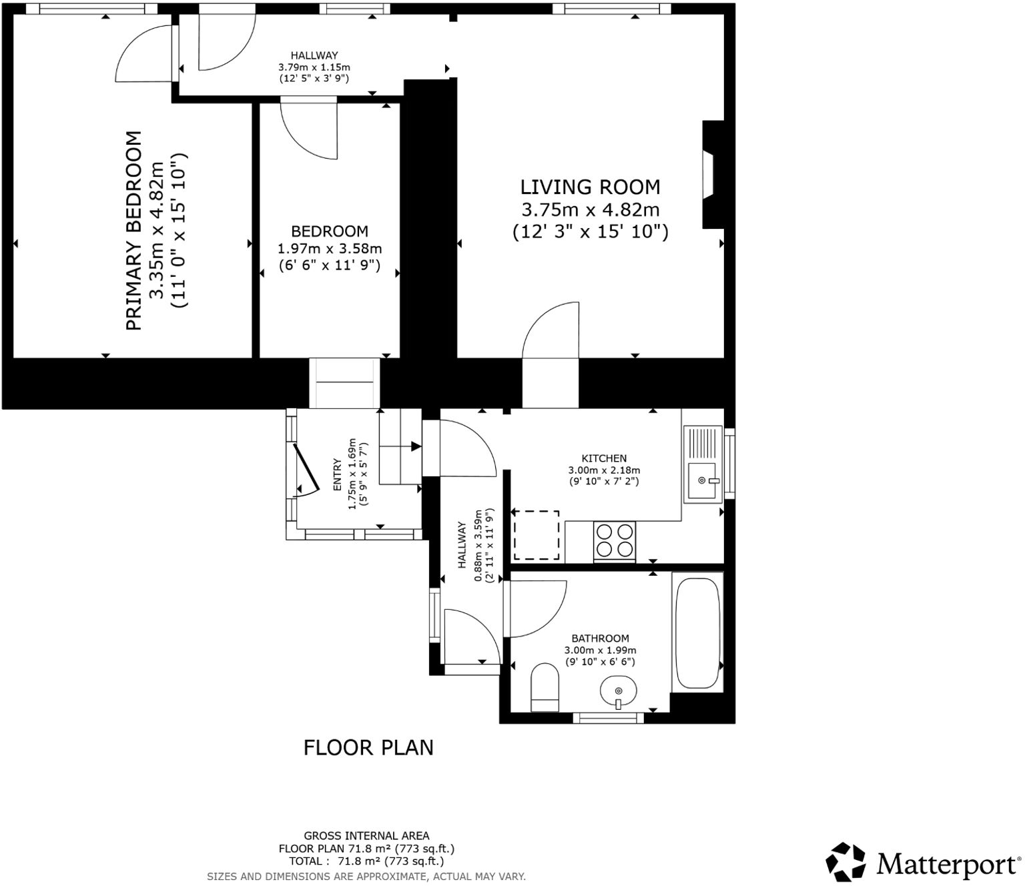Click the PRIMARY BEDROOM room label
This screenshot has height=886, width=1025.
[133, 230]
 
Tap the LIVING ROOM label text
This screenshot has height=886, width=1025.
[590, 187]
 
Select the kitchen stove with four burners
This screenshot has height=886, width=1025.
[615, 540]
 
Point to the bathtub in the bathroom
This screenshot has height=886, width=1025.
[697, 632]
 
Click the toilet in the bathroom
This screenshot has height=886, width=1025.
[545, 687]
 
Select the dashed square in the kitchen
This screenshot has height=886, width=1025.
[536, 535]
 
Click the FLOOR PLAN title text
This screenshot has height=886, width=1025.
[368, 747]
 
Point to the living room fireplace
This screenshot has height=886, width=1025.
[709, 175]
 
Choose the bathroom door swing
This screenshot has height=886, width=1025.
[537, 608]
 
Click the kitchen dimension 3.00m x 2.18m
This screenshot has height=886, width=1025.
[604, 470]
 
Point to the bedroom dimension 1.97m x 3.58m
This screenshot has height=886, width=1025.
[330, 249]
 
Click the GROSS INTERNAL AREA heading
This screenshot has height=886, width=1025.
[366, 835]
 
